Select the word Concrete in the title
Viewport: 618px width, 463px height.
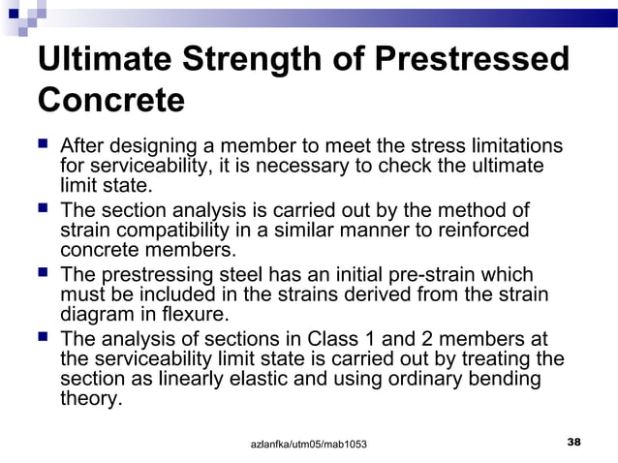point(109,101)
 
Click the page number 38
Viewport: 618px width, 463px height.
point(573,442)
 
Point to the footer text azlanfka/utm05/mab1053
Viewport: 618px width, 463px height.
point(309,444)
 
